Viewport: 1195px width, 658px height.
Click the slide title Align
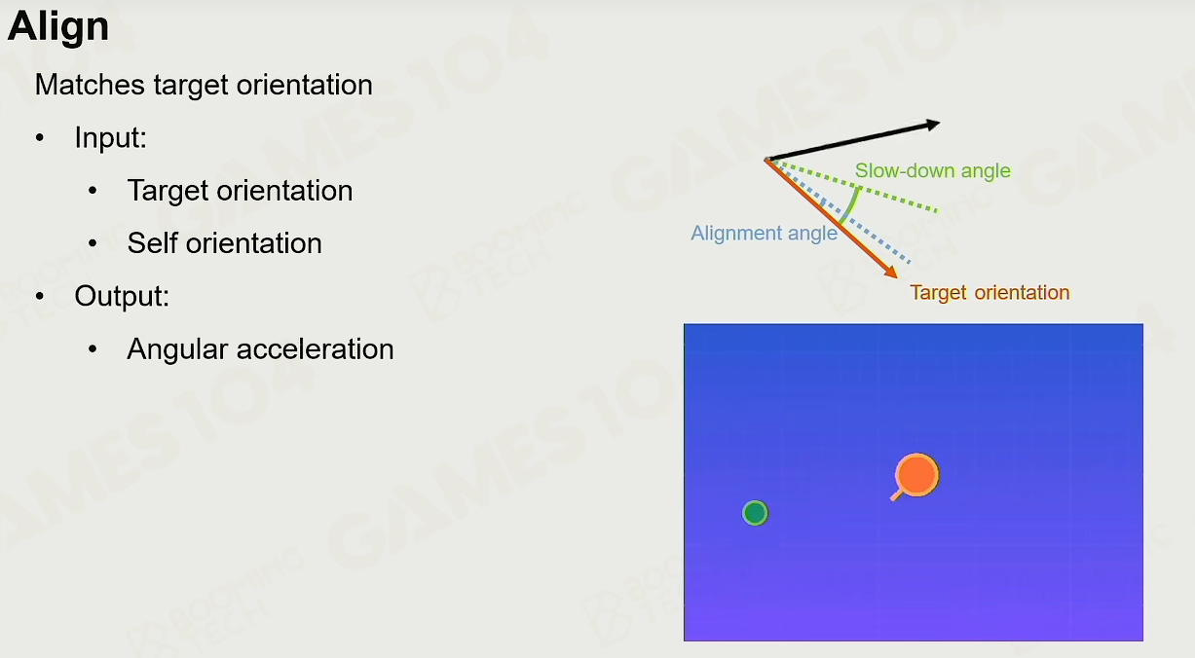[58, 27]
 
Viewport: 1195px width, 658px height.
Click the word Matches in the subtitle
[90, 85]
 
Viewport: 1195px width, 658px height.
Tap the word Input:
[110, 138]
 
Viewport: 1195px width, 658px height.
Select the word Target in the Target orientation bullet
[168, 191]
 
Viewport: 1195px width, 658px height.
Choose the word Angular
[177, 349]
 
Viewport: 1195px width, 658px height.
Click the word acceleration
[315, 349]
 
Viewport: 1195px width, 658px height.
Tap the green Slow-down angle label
[932, 170]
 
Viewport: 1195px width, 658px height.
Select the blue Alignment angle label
[764, 233]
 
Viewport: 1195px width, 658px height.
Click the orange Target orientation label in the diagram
[990, 293]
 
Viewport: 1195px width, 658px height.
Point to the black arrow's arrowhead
[932, 125]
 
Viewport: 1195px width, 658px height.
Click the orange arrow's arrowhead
[891, 272]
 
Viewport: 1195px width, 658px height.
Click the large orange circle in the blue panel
[917, 475]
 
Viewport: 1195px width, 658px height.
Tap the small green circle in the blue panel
[755, 513]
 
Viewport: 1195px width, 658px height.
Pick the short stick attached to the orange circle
[896, 495]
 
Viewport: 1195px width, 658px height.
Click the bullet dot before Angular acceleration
[93, 349]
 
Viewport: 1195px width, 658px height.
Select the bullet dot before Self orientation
[93, 243]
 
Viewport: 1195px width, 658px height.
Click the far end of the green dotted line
[937, 211]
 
